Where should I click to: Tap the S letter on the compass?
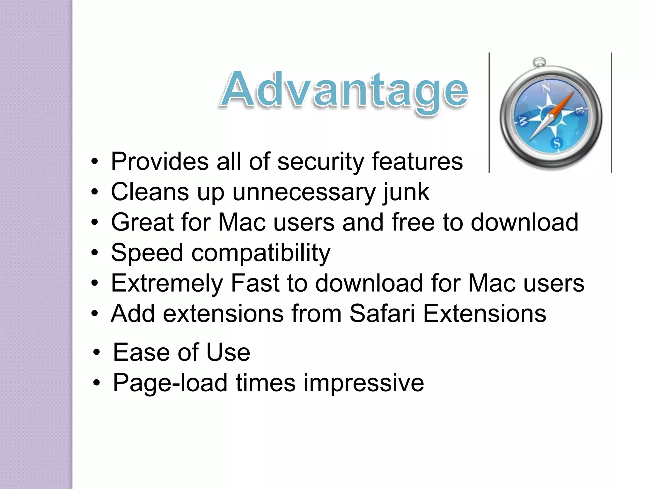coord(557,143)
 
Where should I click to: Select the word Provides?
coord(159,161)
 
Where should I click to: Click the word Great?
coord(142,222)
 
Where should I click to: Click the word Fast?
coord(255,283)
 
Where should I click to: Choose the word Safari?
coord(382,314)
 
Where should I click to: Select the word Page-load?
coord(170,383)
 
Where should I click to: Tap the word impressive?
coord(363,383)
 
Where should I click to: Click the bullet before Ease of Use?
coord(96,353)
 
